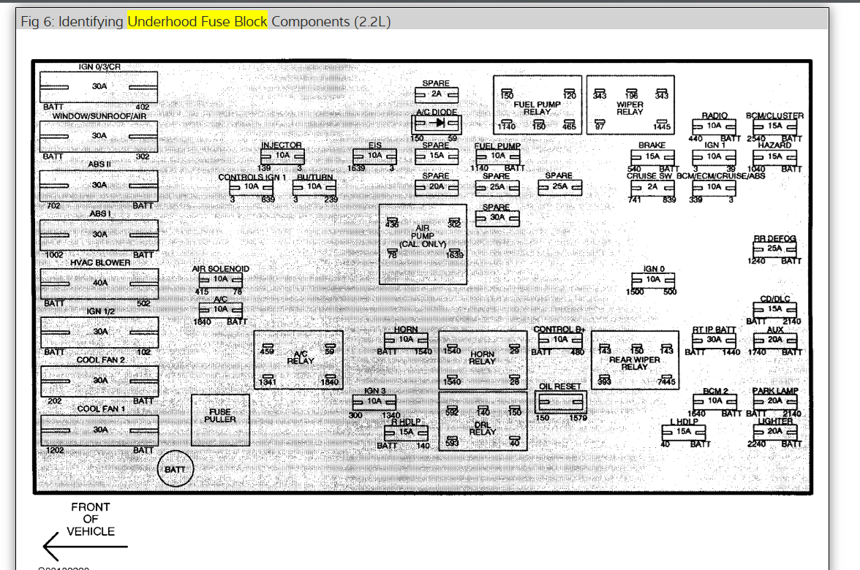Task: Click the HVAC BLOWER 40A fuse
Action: pyautogui.click(x=99, y=283)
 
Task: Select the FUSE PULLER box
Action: pyautogui.click(x=220, y=419)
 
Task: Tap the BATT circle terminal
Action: pyautogui.click(x=176, y=469)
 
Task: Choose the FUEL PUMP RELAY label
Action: pyautogui.click(x=537, y=108)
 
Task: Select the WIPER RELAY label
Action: pyautogui.click(x=630, y=108)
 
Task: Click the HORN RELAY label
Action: pyautogui.click(x=483, y=358)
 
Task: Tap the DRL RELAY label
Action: pyautogui.click(x=483, y=427)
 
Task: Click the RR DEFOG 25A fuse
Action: pyautogui.click(x=774, y=248)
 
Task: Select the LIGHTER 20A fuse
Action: pyautogui.click(x=774, y=431)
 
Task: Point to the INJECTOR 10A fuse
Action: pyautogui.click(x=282, y=156)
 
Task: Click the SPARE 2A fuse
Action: pyautogui.click(x=436, y=94)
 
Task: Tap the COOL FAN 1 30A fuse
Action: pyautogui.click(x=99, y=430)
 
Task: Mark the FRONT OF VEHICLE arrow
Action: pyautogui.click(x=84, y=545)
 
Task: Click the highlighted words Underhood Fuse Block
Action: pyautogui.click(x=197, y=21)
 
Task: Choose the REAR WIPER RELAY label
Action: pyautogui.click(x=635, y=363)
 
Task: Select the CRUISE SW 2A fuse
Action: pyautogui.click(x=652, y=186)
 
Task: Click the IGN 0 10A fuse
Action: pyautogui.click(x=653, y=279)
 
